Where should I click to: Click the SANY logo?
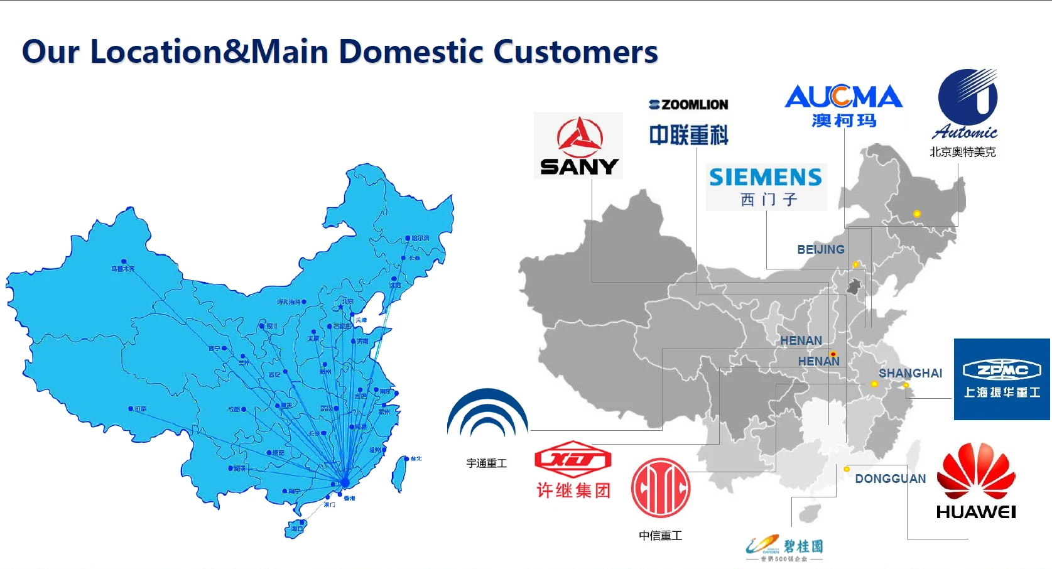pos(578,146)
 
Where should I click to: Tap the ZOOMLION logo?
pos(688,122)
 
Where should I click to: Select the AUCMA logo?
pos(843,105)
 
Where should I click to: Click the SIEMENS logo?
pos(766,186)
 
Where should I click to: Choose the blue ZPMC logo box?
pos(1002,379)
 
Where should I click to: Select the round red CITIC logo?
pos(661,488)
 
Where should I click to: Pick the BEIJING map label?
pos(820,249)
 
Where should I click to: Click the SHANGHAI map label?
pos(910,373)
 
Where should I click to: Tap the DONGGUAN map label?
pos(890,479)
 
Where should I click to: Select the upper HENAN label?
pos(801,340)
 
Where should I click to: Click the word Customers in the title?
pos(575,51)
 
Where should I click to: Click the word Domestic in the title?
pos(411,51)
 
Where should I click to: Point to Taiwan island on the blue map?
pos(399,474)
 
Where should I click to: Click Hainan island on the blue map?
pos(296,528)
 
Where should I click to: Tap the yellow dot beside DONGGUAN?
pos(847,469)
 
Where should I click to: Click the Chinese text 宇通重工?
pos(486,463)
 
